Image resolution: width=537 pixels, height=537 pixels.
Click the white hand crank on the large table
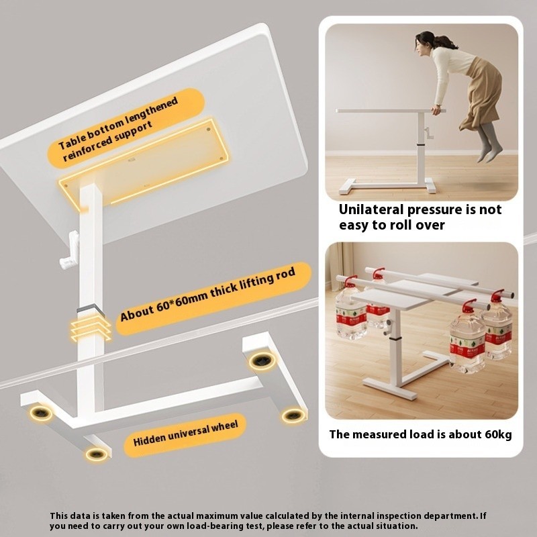point(70,250)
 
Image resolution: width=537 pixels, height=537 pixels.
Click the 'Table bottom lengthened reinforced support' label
point(118,128)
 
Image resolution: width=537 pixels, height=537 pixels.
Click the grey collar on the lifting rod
point(90,309)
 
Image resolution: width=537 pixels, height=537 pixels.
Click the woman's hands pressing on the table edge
point(436,109)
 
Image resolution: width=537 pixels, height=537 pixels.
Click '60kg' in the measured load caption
point(498,434)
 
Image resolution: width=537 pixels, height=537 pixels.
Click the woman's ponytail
point(445,42)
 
